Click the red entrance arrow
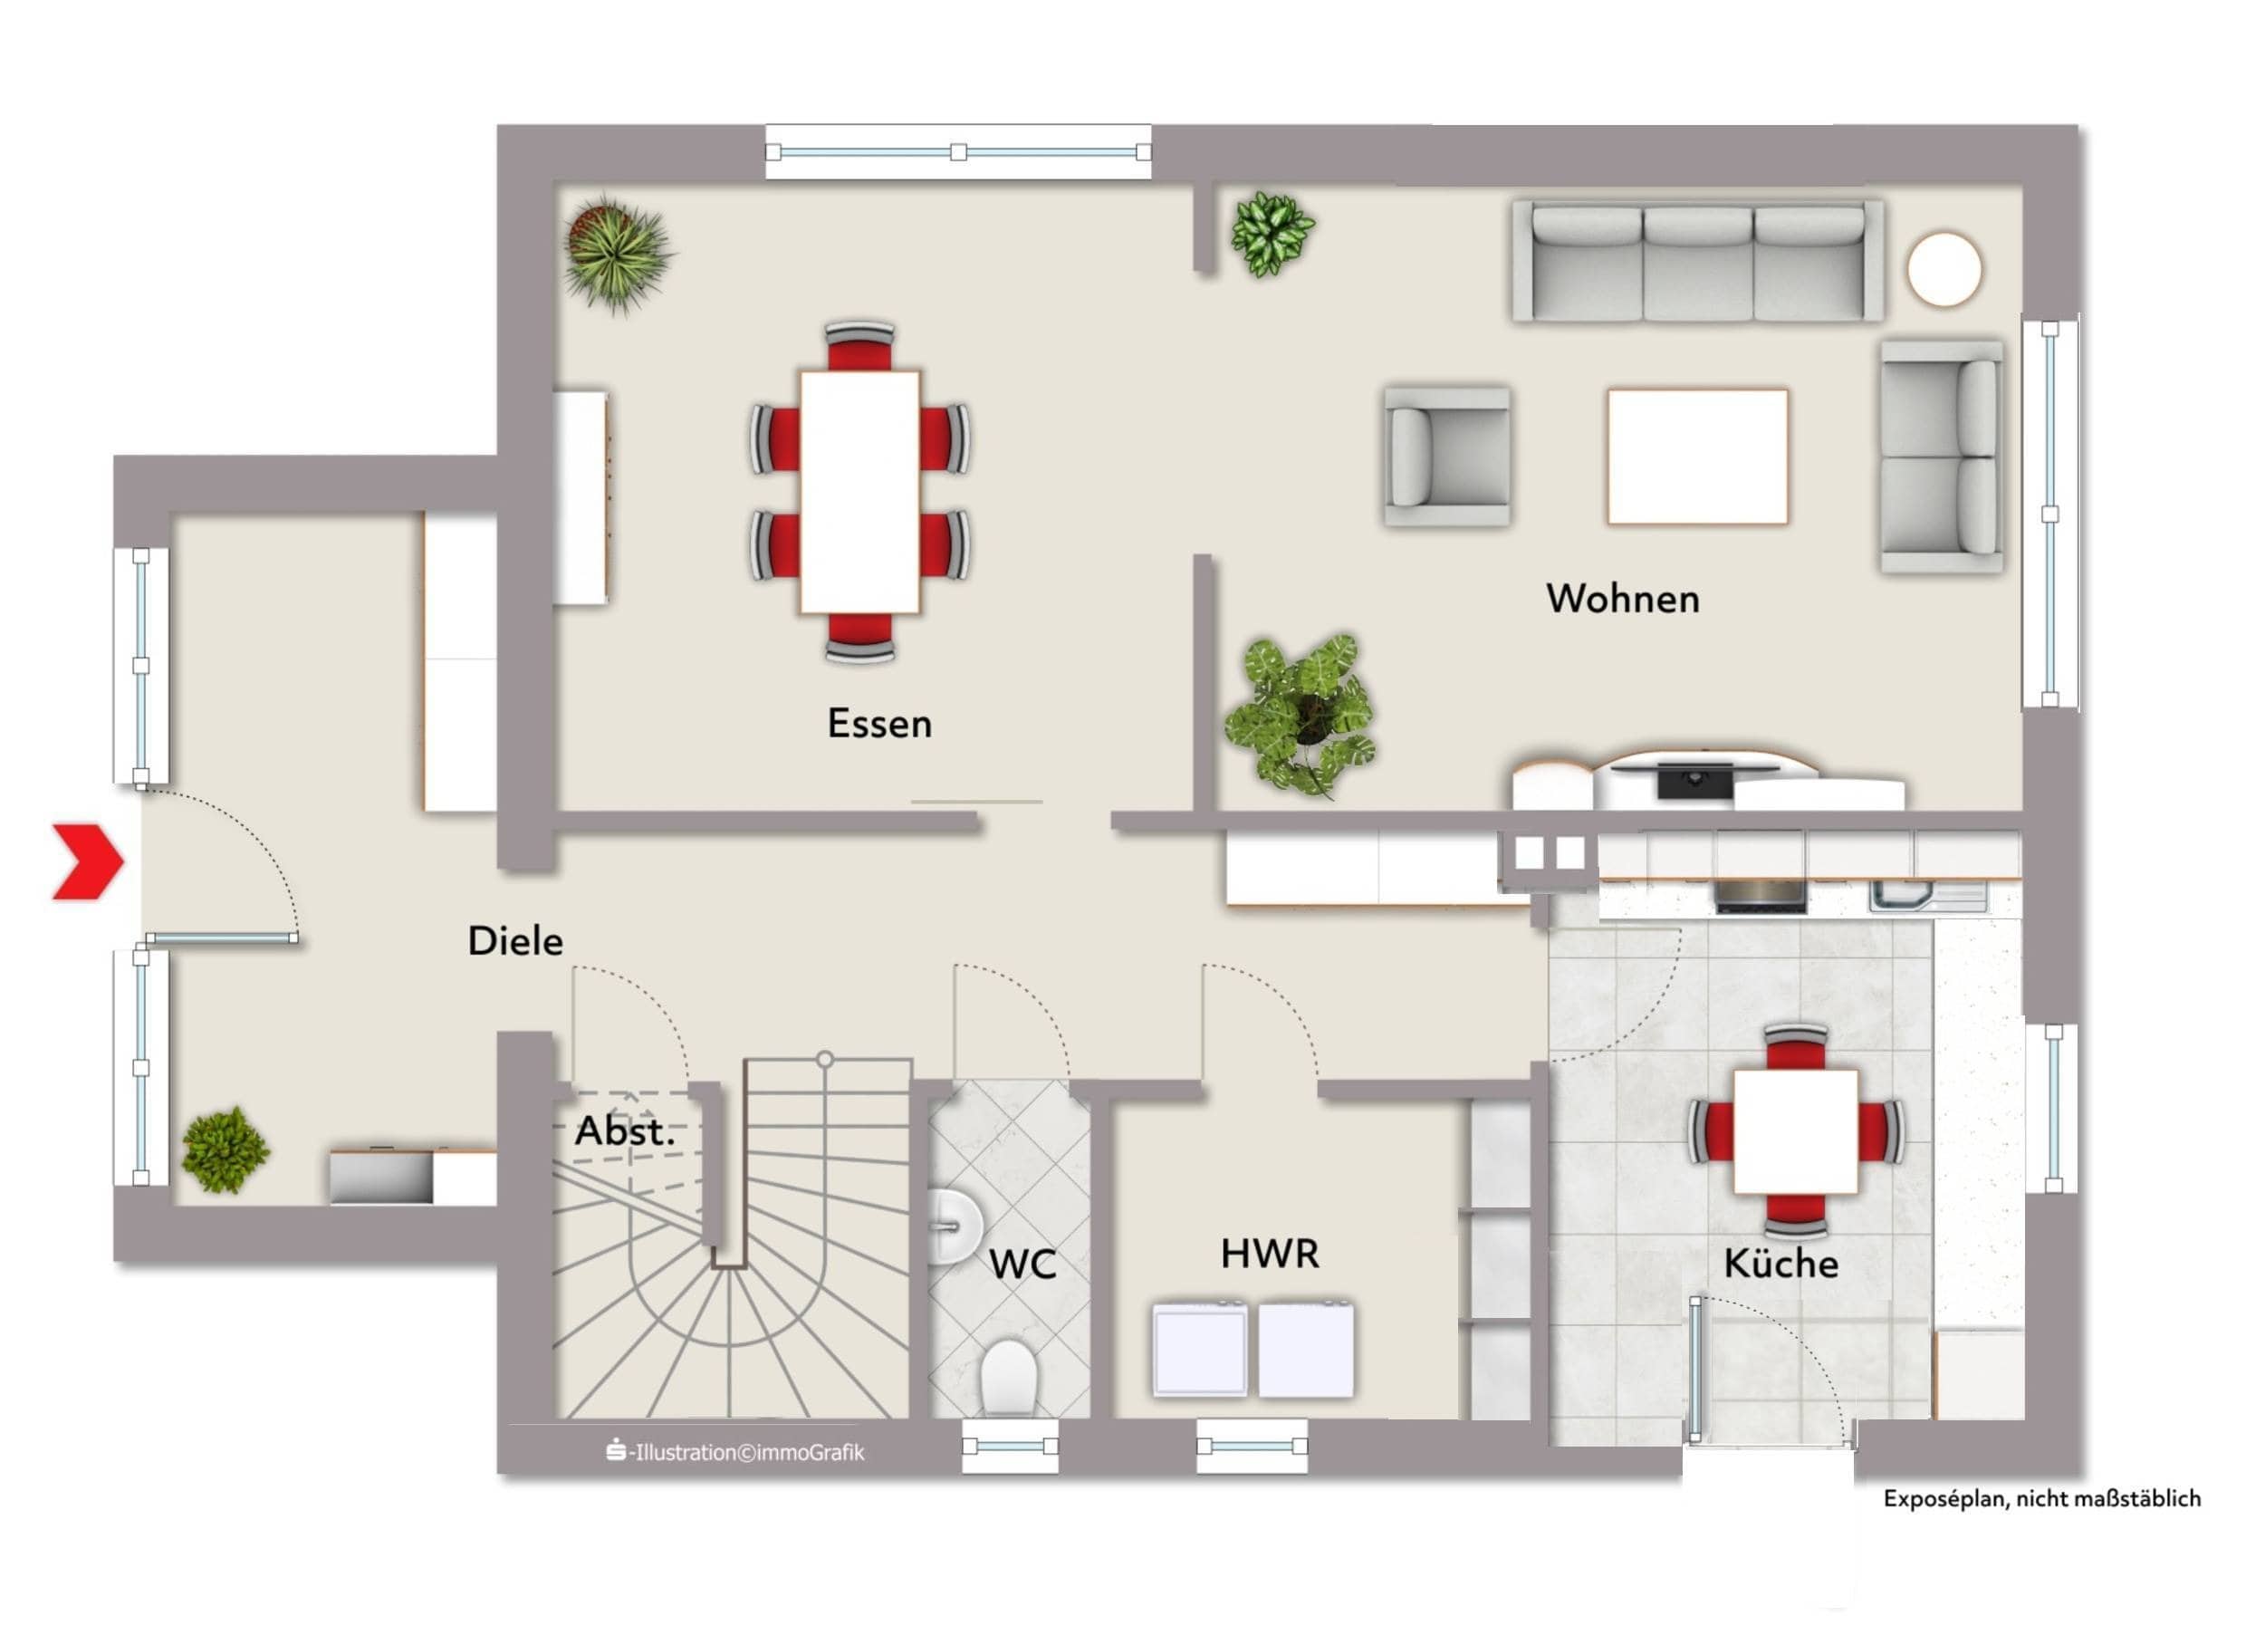tap(87, 862)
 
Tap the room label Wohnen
tap(1622, 599)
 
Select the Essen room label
tap(879, 724)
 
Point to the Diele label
tap(515, 941)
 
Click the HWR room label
tap(1270, 1254)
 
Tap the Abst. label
tap(625, 1131)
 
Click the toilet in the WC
tap(1008, 1378)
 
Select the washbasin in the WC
tap(953, 1226)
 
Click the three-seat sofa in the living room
tap(1697, 262)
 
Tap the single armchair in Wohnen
tap(1447, 456)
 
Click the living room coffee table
tap(1697, 456)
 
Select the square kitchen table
tap(1794, 1131)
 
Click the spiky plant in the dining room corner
tap(617, 253)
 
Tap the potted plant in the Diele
tap(225, 1149)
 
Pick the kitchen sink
tap(1927, 895)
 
